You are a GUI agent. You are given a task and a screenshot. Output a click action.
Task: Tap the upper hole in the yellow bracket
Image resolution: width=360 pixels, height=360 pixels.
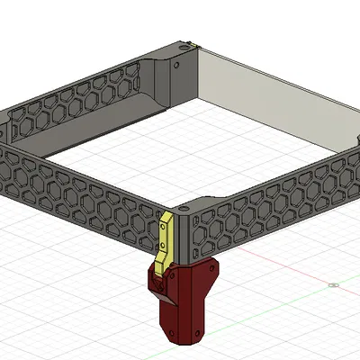pos(164,229)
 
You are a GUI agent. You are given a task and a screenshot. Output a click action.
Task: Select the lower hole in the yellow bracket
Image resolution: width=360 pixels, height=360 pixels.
pos(162,255)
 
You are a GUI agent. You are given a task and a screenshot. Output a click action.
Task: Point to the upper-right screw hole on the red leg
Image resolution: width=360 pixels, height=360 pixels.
pos(212,268)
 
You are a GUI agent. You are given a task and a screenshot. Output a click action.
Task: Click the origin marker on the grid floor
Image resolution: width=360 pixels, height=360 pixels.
pos(333,286)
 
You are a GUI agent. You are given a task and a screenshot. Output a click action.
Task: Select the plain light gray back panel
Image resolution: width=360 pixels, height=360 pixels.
pos(270,99)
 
